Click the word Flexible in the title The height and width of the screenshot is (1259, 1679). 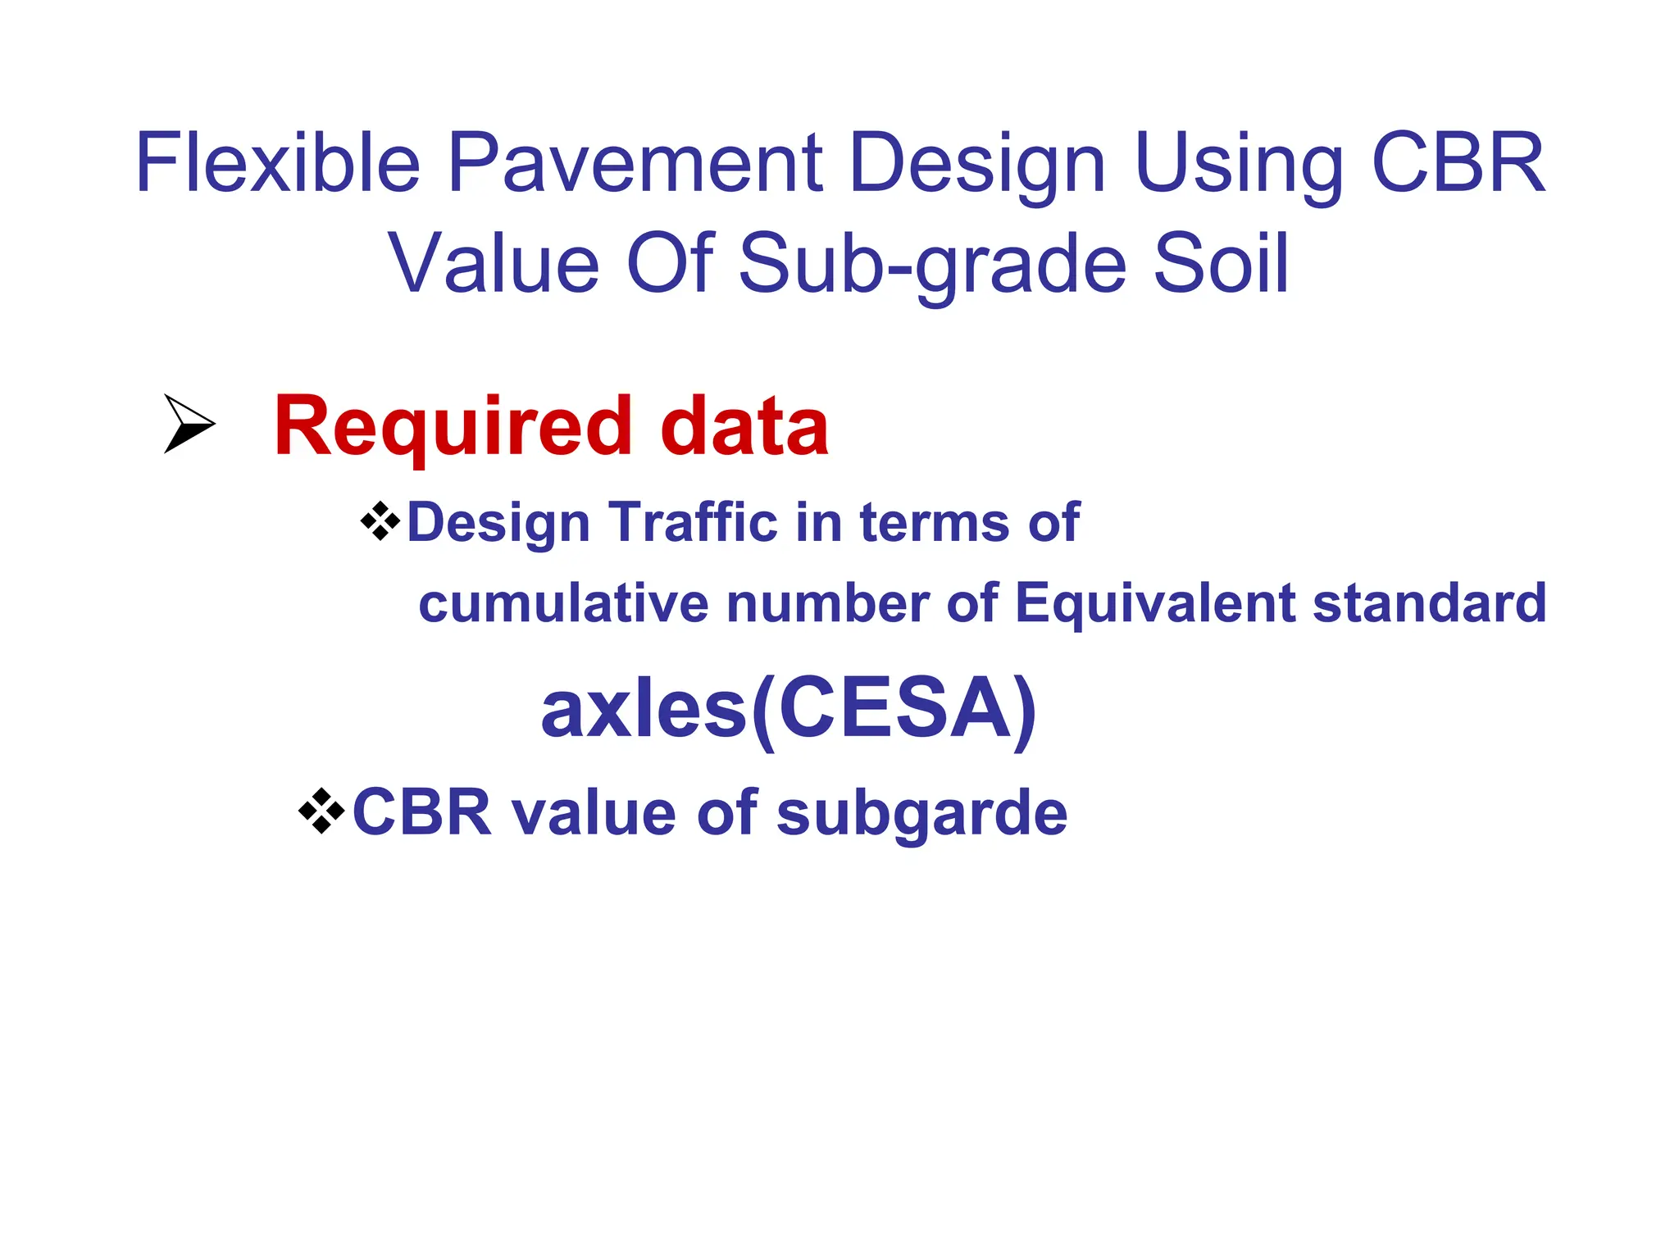pos(277,164)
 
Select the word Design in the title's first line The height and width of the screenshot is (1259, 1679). pos(977,164)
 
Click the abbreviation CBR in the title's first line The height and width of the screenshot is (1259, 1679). pos(1458,164)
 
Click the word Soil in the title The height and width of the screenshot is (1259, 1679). pos(1221,264)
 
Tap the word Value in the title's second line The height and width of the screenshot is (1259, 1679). pos(494,264)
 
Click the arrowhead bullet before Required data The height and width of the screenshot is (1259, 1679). pos(189,424)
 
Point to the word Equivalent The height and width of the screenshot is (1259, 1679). pos(1154,603)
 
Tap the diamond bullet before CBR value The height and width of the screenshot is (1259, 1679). pos(321,811)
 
